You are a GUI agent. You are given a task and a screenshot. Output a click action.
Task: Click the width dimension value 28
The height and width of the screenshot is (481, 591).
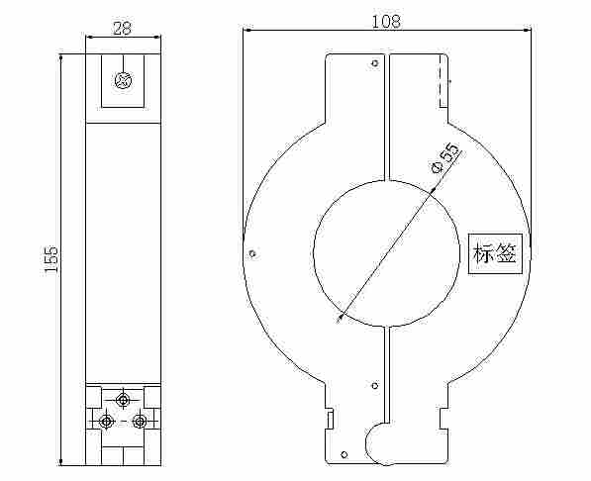pos(122,28)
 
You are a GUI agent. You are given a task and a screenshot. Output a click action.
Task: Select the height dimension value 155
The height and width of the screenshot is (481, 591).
pos(52,259)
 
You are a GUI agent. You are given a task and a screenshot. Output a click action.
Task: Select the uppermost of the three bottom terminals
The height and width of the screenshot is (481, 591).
pos(123,400)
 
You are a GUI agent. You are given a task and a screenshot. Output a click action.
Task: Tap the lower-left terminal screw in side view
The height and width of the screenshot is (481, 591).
pos(107,421)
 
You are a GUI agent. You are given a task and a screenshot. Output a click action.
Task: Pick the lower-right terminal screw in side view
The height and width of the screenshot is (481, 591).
pos(140,421)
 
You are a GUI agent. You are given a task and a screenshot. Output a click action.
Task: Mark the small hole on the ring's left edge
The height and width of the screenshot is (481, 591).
pos(253,253)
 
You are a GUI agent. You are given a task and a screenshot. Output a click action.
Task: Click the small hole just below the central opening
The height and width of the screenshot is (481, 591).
pos(373,385)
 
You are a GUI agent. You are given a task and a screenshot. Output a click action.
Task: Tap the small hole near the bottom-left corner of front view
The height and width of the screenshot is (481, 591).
pos(343,455)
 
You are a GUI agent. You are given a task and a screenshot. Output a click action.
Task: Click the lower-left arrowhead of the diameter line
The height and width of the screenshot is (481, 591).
pos(341,317)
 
